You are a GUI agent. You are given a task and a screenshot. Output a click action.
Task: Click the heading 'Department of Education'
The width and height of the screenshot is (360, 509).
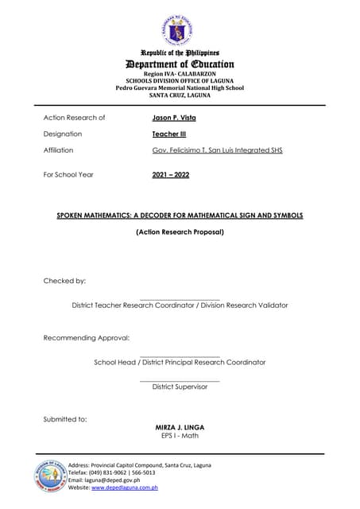click(180, 64)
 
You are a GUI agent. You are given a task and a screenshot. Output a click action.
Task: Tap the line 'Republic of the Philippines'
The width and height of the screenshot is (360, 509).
click(180, 52)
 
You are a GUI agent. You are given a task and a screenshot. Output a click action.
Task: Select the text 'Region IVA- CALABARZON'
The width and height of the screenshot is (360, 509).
click(180, 73)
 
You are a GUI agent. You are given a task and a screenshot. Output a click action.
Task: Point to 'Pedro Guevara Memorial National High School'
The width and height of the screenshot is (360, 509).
click(180, 87)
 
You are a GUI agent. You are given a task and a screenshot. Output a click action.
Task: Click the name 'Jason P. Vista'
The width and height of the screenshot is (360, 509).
click(173, 118)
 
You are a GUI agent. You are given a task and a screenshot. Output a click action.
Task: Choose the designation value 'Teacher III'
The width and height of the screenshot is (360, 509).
click(168, 134)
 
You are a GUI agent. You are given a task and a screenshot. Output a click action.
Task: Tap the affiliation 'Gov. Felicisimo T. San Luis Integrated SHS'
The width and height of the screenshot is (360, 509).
click(217, 150)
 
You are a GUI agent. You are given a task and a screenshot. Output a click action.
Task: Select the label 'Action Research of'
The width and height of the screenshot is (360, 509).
click(74, 118)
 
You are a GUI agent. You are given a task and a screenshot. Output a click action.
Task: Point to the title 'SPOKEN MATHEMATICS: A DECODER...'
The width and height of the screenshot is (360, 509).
click(180, 216)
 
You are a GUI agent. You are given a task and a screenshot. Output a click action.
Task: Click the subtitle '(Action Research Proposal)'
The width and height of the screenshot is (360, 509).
click(180, 232)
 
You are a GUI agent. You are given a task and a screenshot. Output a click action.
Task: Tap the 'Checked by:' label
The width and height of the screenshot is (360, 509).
click(64, 282)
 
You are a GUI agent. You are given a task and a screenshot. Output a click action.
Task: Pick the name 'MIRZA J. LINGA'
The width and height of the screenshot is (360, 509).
click(180, 428)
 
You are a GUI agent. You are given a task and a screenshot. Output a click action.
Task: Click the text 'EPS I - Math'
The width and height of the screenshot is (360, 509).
click(180, 436)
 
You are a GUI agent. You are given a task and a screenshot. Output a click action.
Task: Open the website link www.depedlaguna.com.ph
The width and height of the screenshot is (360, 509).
click(125, 488)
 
